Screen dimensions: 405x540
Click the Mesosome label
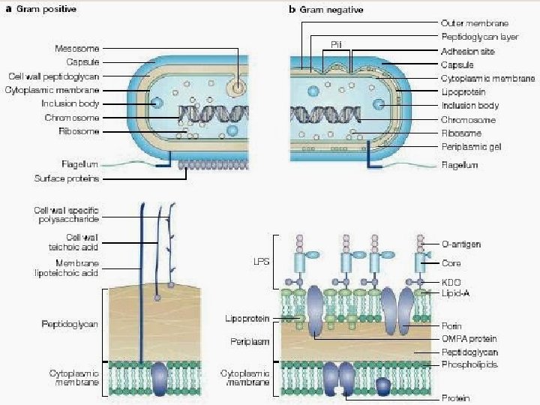77,49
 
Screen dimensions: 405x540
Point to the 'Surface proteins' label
67,178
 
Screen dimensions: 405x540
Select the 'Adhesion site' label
468,51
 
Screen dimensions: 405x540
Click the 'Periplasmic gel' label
471,147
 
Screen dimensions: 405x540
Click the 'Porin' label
452,326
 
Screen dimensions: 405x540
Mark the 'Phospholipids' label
469,364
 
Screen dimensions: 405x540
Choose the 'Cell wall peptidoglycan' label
54,76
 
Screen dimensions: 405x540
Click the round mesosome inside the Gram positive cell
238,88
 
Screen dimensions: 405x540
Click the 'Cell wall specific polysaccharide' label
66,214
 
